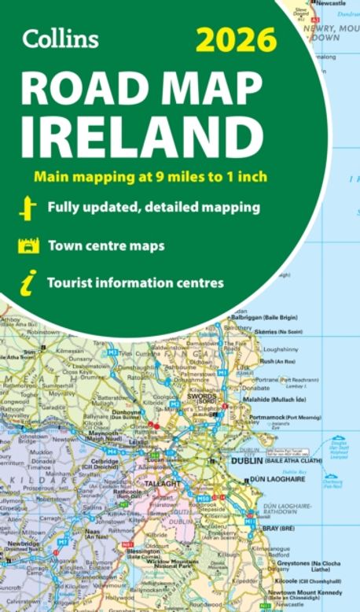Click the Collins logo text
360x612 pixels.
pos(61,38)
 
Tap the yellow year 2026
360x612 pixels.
pos(236,39)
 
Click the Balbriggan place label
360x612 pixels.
pos(260,315)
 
